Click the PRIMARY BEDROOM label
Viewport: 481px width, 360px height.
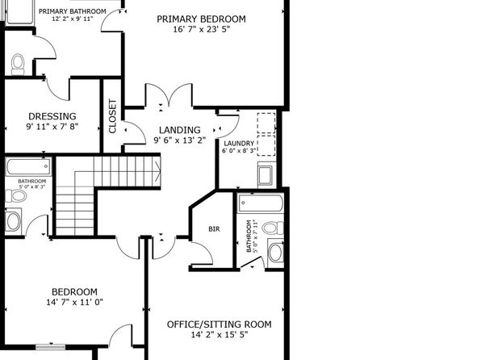click(x=201, y=19)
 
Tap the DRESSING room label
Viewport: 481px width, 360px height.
click(x=52, y=116)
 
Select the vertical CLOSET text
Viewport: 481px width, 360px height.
click(x=112, y=116)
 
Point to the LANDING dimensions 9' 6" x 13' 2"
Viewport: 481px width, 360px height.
click(x=180, y=140)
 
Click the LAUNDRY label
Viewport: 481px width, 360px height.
click(x=239, y=144)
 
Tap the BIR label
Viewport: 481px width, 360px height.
click(x=214, y=229)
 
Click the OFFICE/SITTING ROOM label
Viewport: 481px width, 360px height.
click(x=219, y=324)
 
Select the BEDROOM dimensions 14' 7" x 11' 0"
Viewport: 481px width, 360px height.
click(x=74, y=303)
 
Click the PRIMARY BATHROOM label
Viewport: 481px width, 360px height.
click(x=73, y=11)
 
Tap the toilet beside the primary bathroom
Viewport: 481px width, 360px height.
click(x=18, y=65)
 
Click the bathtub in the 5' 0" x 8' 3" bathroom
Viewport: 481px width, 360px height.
click(x=28, y=167)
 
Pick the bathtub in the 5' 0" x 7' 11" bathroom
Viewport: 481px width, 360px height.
click(x=261, y=203)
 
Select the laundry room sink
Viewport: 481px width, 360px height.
click(x=265, y=175)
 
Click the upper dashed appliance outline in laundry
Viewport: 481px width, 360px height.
click(x=266, y=123)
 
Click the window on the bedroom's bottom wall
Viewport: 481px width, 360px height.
click(x=50, y=347)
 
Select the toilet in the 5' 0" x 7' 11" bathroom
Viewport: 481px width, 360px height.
click(x=273, y=228)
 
